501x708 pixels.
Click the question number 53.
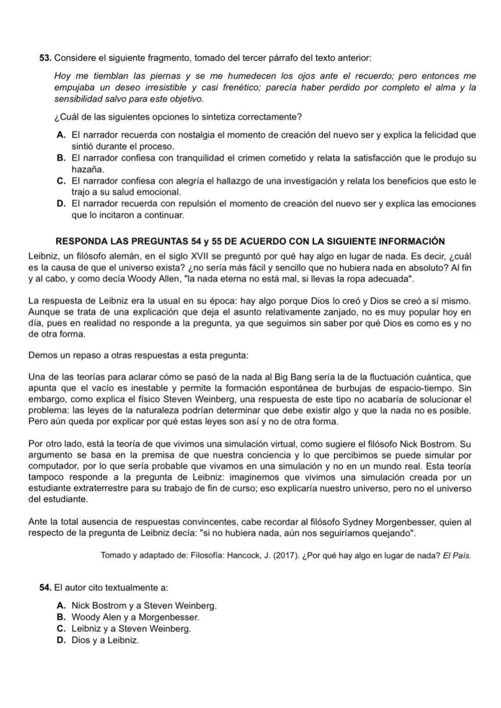(45, 58)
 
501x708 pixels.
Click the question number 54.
(45, 588)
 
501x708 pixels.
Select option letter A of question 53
(60, 135)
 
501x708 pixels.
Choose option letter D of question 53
(60, 204)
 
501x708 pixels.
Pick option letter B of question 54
(60, 617)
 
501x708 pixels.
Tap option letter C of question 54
(60, 629)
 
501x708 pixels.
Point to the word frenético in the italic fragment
(241, 88)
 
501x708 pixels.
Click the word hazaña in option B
(87, 170)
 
